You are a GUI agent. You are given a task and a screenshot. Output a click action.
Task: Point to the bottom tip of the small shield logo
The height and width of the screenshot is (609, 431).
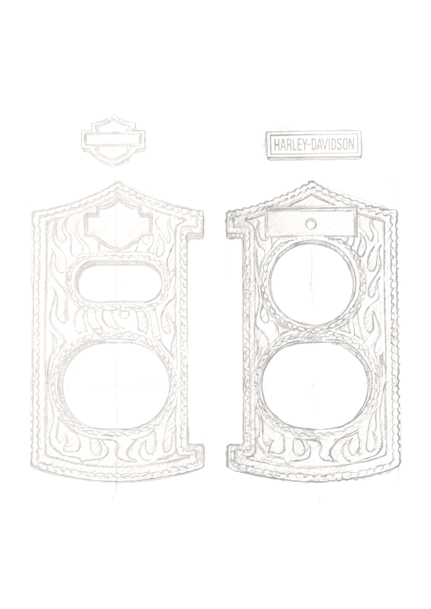pyautogui.click(x=115, y=166)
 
